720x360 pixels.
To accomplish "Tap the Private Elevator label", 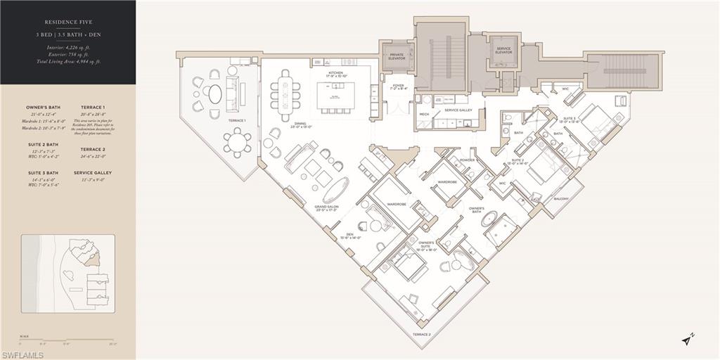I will point(397,57).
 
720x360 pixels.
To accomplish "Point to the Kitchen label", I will point(335,73).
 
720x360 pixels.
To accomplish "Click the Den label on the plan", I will point(349,236).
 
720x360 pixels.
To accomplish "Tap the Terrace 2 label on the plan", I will point(421,334).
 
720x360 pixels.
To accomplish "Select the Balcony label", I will point(560,198).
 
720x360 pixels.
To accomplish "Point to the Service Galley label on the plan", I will point(458,110).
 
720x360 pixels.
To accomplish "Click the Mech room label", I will point(424,114).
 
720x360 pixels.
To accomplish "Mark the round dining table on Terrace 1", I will point(238,142).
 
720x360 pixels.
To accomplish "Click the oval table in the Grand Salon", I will point(335,189).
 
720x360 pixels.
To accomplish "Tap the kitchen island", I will point(335,95).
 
